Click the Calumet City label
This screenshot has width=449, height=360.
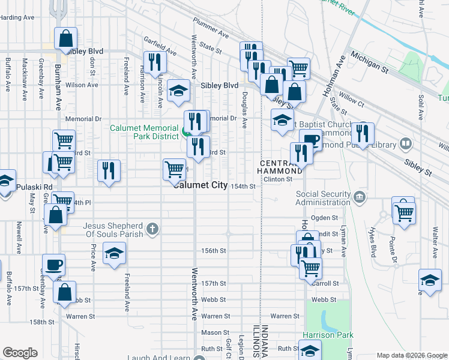click(200, 185)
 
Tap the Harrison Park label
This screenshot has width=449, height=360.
click(328, 335)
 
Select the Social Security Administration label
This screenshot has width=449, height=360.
click(323, 199)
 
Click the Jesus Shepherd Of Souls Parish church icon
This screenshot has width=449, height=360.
click(152, 228)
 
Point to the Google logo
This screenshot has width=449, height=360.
click(20, 353)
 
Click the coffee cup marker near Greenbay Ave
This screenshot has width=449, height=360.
click(54, 265)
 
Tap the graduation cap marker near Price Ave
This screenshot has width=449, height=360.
click(114, 253)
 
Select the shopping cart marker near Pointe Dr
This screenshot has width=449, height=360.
click(405, 212)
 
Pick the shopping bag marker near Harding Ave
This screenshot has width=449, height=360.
click(66, 38)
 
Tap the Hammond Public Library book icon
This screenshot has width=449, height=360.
click(406, 144)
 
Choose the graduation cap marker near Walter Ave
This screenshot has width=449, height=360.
click(430, 280)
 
